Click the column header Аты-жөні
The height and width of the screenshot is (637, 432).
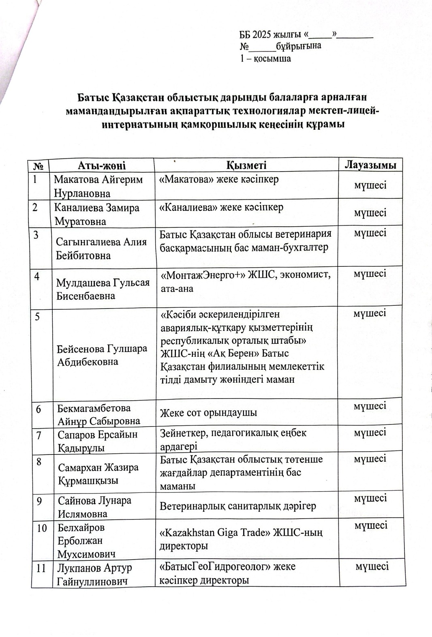(x=102, y=165)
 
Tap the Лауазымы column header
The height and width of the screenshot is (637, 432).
(x=370, y=164)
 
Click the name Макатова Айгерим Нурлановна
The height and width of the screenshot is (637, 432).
(x=98, y=186)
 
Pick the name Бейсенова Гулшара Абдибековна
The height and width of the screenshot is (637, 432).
(x=102, y=355)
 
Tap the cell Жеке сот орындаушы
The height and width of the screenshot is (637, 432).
(x=208, y=413)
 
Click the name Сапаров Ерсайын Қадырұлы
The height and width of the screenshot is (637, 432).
(x=97, y=441)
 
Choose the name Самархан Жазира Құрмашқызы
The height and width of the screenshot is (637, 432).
(x=98, y=474)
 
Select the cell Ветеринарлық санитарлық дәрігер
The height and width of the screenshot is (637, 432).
(x=237, y=506)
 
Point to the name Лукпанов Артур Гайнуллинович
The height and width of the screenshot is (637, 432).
(x=95, y=574)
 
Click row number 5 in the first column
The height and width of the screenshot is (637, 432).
(x=38, y=317)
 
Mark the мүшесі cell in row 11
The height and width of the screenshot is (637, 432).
(x=372, y=566)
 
